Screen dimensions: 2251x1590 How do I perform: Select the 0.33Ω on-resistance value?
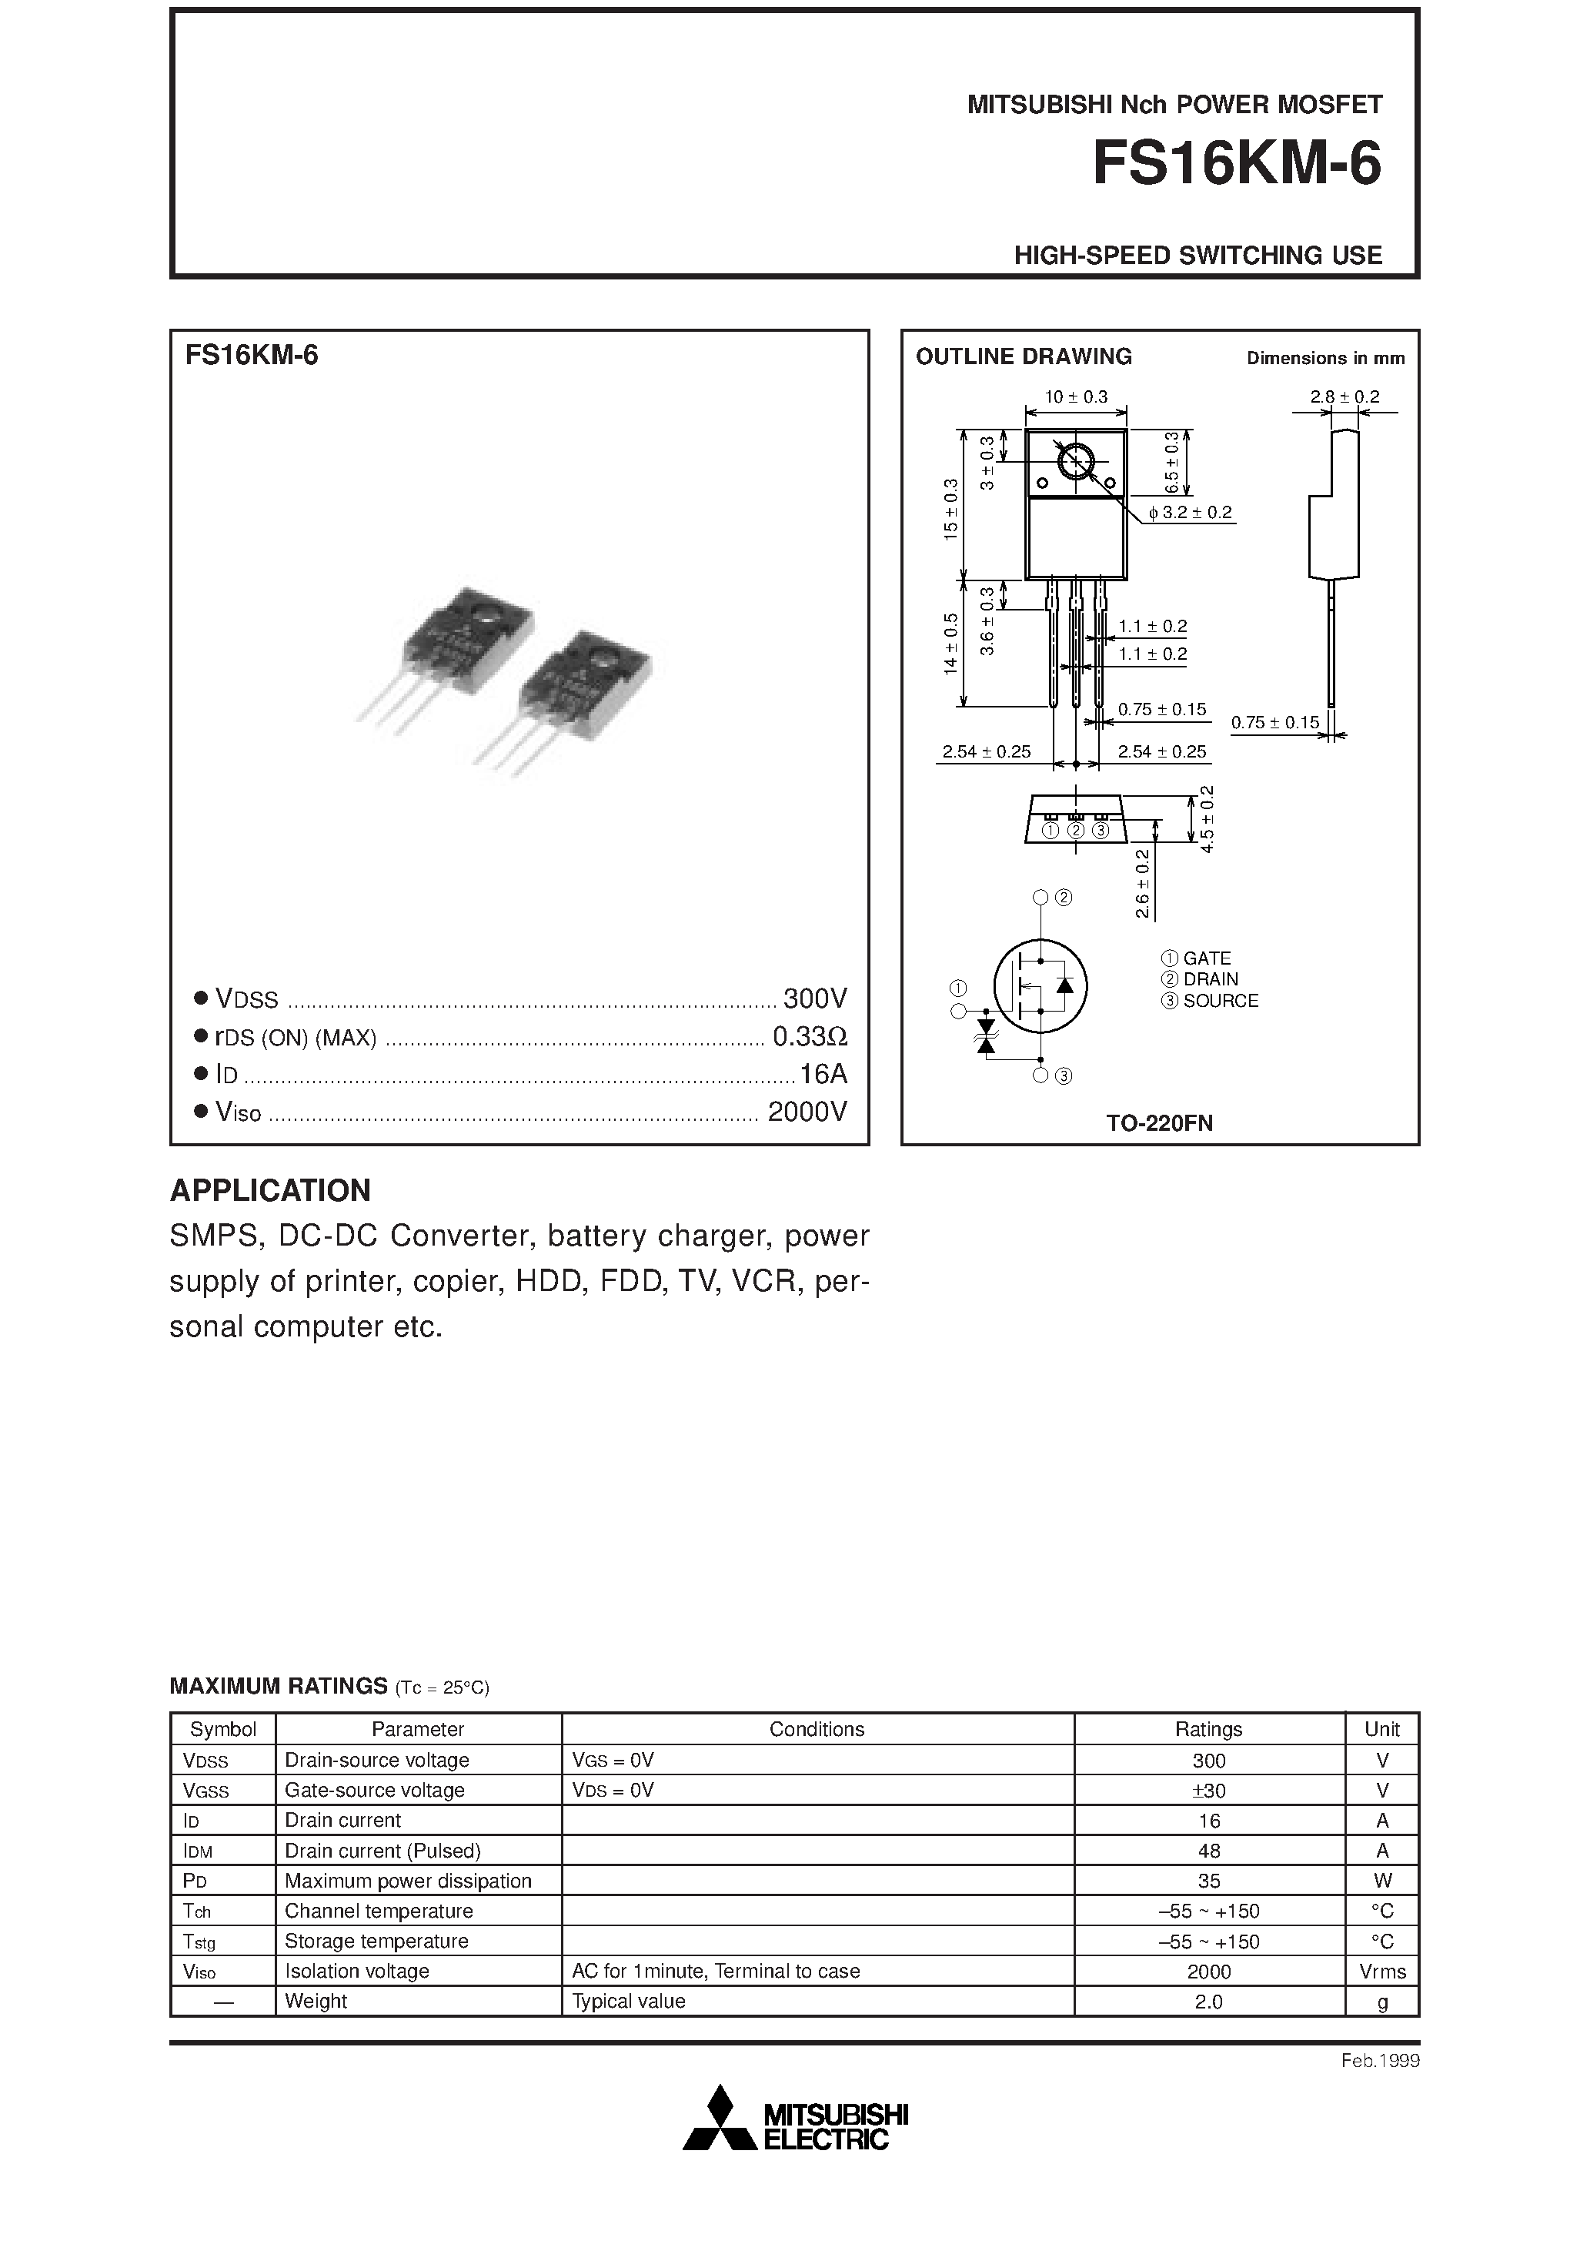pos(809,1036)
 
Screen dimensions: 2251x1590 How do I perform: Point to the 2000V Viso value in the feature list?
pos(807,1112)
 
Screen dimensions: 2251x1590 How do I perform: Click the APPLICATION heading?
pos(271,1190)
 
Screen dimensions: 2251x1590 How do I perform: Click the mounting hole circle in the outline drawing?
pos(1075,462)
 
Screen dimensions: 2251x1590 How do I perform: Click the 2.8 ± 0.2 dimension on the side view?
pos(1344,397)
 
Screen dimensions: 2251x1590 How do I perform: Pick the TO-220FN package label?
pos(1160,1123)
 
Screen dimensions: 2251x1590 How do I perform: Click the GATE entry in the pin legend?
pos(1206,958)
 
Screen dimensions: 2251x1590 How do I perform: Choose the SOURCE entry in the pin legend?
pos(1220,1001)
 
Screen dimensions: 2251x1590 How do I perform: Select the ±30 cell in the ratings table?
pos(1209,1790)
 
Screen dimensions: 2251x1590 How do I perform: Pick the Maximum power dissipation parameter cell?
pos(408,1881)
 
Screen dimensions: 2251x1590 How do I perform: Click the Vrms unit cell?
pos(1382,1972)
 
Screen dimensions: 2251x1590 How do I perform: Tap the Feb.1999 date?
pos(1379,2061)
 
